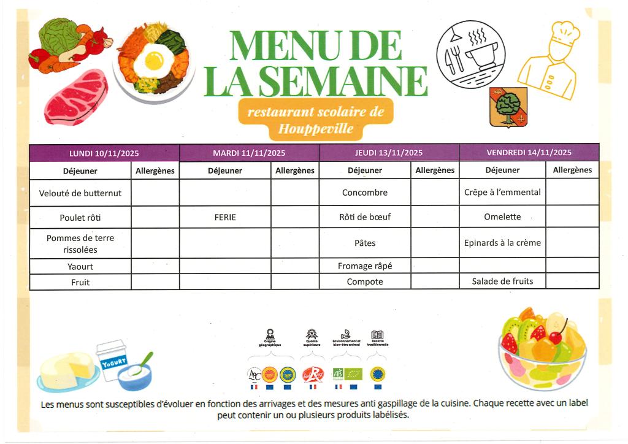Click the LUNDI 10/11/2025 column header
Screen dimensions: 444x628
pos(104,153)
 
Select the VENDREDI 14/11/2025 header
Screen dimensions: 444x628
pos(529,153)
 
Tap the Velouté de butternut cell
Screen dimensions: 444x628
pos(80,193)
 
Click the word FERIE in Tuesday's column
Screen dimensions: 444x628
pos(225,217)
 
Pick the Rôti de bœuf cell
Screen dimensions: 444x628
pos(365,217)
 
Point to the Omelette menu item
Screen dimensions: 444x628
pos(502,216)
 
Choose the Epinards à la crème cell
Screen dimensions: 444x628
pos(502,243)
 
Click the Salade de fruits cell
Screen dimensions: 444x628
pos(502,281)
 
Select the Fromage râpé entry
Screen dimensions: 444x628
pos(365,266)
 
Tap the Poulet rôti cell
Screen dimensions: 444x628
pos(80,217)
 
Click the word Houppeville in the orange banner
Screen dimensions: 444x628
pos(315,129)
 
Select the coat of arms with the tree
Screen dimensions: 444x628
pos(508,107)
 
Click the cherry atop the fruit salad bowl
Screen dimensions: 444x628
pos(556,337)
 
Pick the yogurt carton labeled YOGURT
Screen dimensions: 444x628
pos(112,360)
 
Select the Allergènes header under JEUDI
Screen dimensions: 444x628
pos(435,170)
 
